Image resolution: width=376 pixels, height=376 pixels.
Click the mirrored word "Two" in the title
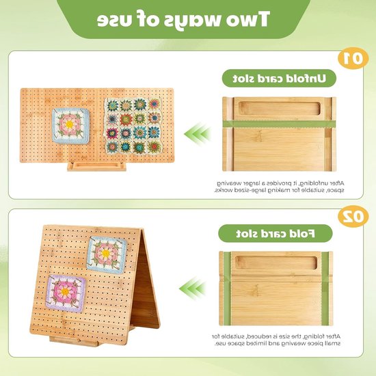(250, 18)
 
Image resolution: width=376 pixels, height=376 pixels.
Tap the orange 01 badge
(353, 59)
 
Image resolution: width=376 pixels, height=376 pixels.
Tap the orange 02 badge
(353, 217)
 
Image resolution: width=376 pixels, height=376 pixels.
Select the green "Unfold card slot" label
(279, 79)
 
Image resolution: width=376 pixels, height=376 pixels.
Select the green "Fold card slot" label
(276, 233)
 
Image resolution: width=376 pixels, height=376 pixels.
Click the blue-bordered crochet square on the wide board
(70, 126)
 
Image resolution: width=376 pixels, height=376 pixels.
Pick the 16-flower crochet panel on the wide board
(133, 126)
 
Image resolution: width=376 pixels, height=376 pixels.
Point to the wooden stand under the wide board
(96, 166)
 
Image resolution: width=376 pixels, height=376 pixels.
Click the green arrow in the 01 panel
(198, 133)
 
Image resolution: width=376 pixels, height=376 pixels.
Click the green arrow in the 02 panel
(192, 288)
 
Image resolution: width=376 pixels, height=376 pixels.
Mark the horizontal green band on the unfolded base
(279, 124)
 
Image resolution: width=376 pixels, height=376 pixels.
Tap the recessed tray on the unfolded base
(280, 109)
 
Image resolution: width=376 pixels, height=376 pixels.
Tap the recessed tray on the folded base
(276, 263)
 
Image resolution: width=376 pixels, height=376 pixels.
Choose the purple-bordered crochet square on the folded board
(66, 293)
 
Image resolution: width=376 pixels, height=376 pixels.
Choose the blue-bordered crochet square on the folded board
(107, 255)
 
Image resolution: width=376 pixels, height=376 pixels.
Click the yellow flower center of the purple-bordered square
(65, 292)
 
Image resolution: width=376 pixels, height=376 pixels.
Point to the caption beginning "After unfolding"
(279, 187)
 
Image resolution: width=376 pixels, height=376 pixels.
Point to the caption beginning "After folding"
(276, 340)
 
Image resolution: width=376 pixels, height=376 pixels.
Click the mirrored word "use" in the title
(111, 20)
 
